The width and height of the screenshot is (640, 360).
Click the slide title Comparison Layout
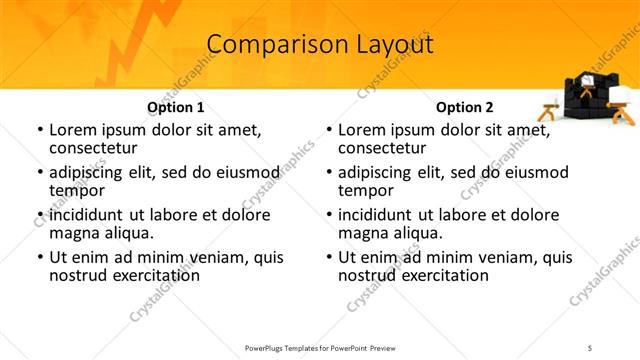[x=319, y=45]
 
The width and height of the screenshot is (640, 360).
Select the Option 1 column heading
[x=175, y=107]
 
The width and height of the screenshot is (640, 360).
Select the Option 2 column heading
[x=464, y=107]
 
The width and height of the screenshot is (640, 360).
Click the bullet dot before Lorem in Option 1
[x=40, y=131]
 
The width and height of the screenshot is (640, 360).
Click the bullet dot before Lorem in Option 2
[x=329, y=131]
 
